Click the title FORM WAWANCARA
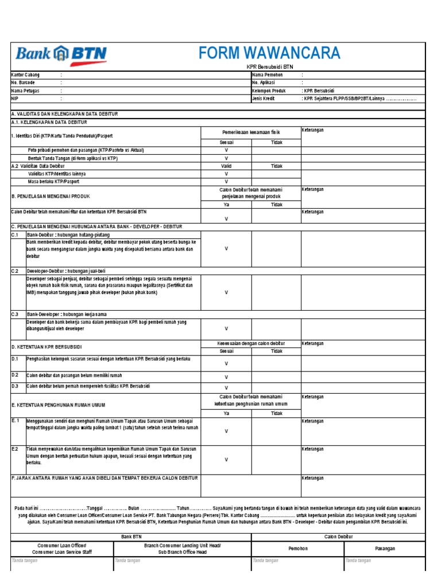click(269, 53)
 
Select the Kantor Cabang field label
click(26, 75)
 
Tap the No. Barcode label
click(24, 83)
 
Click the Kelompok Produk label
click(269, 91)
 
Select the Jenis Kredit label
click(264, 99)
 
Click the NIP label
click(15, 99)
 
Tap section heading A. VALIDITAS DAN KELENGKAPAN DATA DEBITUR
click(64, 114)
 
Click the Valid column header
click(226, 166)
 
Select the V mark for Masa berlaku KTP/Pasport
click(226, 181)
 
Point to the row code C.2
click(16, 271)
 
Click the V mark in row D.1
click(226, 363)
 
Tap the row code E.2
click(16, 449)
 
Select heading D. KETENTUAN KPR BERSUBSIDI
click(47, 347)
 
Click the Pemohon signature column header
click(297, 549)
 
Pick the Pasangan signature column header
click(385, 549)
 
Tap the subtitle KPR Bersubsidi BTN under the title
click(269, 66)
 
